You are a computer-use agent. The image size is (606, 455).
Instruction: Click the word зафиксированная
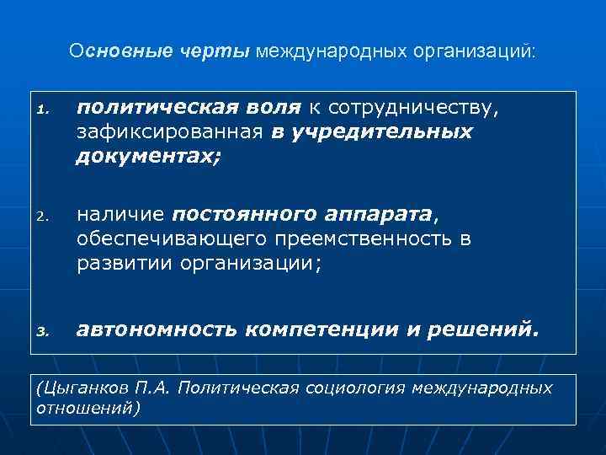click(171, 132)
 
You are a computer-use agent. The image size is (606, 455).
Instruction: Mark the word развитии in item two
click(121, 265)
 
